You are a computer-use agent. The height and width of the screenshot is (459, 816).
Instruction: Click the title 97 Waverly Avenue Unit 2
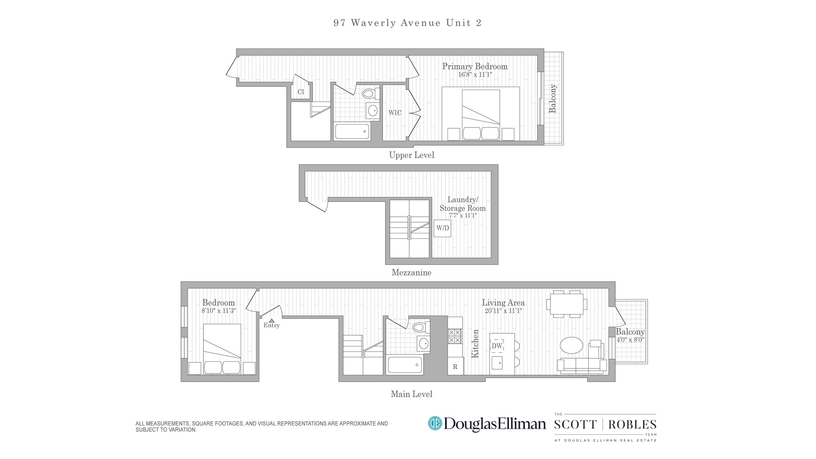(408, 23)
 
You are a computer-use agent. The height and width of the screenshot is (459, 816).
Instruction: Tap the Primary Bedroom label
(475, 66)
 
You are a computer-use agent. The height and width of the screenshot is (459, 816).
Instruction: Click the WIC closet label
(395, 113)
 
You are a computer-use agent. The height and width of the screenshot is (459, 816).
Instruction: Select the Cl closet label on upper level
(301, 92)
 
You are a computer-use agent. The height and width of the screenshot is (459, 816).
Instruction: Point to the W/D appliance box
(442, 228)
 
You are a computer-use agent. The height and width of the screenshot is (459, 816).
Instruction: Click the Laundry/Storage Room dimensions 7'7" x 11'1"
(463, 215)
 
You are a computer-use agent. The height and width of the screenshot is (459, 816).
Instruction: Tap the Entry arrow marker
(272, 321)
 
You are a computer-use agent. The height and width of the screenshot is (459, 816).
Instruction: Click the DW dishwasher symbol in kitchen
(497, 346)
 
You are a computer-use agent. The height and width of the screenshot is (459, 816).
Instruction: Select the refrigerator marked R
(455, 367)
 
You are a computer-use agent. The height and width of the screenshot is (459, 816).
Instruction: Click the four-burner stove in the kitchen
(455, 336)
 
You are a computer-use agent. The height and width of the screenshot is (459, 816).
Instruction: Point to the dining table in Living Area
(567, 304)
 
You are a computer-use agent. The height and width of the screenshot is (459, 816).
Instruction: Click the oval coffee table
(572, 345)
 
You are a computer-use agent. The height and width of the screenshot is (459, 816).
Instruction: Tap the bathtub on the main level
(405, 365)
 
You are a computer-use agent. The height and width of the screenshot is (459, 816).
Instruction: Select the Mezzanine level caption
(411, 273)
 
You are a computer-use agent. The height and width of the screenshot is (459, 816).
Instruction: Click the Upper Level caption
(411, 155)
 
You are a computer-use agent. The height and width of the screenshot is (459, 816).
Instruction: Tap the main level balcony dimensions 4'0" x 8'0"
(630, 340)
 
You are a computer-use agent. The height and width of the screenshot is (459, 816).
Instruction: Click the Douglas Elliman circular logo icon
(435, 423)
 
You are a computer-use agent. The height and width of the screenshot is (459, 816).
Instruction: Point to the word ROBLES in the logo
(632, 425)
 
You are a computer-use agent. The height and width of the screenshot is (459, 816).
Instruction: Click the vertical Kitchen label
(475, 343)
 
